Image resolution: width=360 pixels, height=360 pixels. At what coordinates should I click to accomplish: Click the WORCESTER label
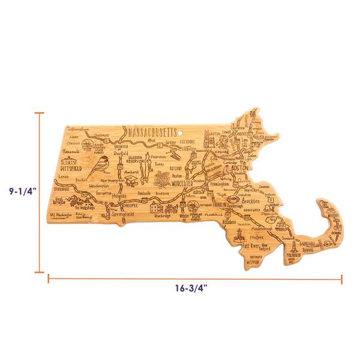click(187, 182)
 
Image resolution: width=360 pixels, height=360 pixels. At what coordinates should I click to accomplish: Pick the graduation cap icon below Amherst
click(133, 180)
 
